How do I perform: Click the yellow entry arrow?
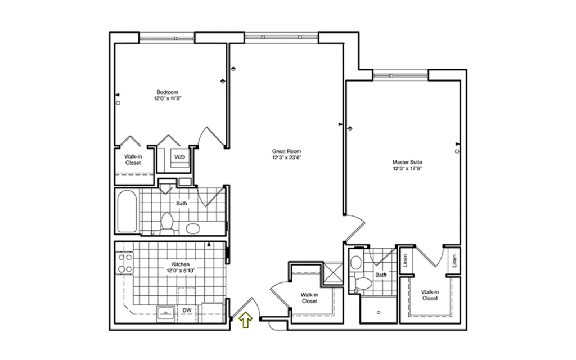pyautogui.click(x=245, y=320)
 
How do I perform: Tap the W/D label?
pyautogui.click(x=179, y=157)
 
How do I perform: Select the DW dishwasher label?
pyautogui.click(x=187, y=310)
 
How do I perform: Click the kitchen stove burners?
pyautogui.click(x=125, y=263)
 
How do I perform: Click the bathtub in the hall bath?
pyautogui.click(x=127, y=211)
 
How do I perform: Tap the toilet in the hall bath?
pyautogui.click(x=166, y=223)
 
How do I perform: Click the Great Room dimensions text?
pyautogui.click(x=286, y=157)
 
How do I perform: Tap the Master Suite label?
pyautogui.click(x=407, y=162)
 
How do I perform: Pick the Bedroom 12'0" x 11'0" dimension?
pyautogui.click(x=168, y=98)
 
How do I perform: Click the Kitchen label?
pyautogui.click(x=181, y=264)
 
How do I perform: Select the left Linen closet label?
pyautogui.click(x=406, y=260)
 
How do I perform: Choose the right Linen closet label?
pyautogui.click(x=454, y=261)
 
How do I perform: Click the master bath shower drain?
pyautogui.click(x=379, y=313)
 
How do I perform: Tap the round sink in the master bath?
pyautogui.click(x=355, y=262)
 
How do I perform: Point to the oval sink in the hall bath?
pyautogui.click(x=193, y=228)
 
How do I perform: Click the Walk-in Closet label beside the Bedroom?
pyautogui.click(x=133, y=160)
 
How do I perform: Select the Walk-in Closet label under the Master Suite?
pyautogui.click(x=430, y=295)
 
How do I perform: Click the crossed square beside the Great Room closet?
pyautogui.click(x=333, y=273)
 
